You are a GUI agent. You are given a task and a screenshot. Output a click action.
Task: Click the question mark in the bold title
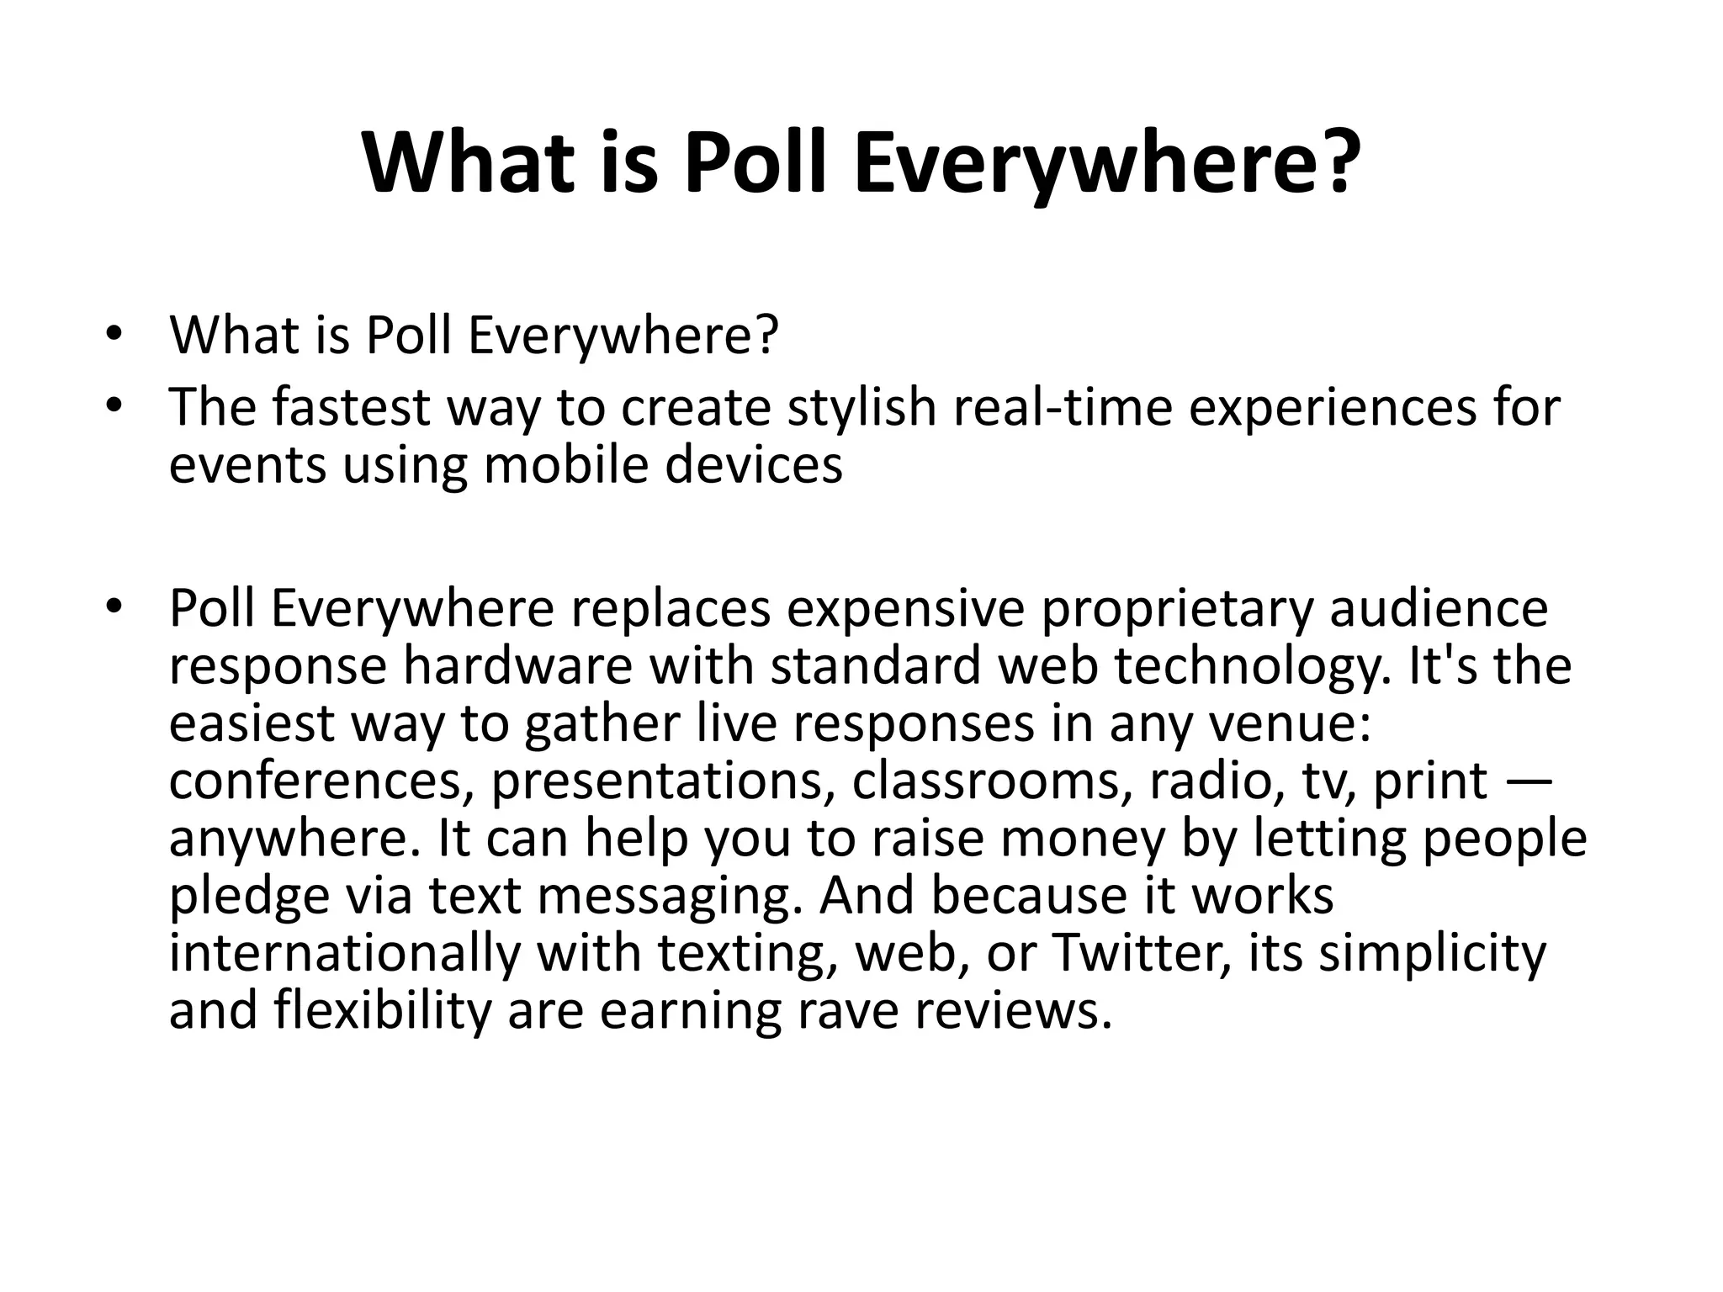(1333, 161)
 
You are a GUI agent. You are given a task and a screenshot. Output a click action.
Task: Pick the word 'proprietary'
(1177, 609)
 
